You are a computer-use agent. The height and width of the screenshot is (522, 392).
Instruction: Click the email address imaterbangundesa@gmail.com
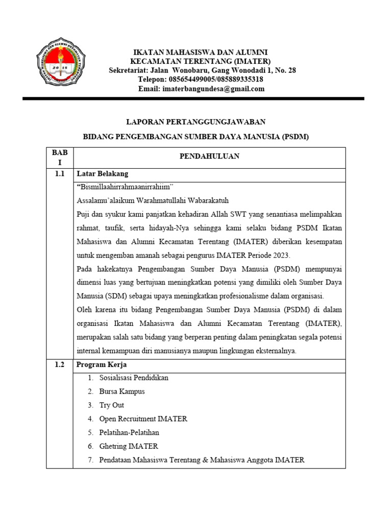pyautogui.click(x=202, y=89)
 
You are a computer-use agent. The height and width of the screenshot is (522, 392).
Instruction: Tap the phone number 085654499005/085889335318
pyautogui.click(x=201, y=80)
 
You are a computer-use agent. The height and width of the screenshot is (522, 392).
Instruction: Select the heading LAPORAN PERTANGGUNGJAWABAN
pyautogui.click(x=196, y=121)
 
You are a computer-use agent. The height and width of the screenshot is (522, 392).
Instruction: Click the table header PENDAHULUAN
pyautogui.click(x=209, y=156)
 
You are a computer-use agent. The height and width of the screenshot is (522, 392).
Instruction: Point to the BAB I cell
pyautogui.click(x=60, y=157)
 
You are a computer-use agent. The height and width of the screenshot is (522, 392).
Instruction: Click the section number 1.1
pyautogui.click(x=60, y=174)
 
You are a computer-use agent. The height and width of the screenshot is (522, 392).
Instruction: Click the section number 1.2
pyautogui.click(x=60, y=365)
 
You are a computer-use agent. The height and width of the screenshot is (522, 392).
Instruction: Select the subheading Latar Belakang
pyautogui.click(x=102, y=174)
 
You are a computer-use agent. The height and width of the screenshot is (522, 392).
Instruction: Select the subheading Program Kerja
pyautogui.click(x=102, y=365)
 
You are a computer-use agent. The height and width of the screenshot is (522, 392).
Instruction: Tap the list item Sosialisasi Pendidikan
pyautogui.click(x=134, y=378)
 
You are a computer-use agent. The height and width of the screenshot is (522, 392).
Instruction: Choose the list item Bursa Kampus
pyautogui.click(x=122, y=391)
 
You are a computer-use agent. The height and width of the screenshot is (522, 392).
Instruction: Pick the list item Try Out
pyautogui.click(x=112, y=405)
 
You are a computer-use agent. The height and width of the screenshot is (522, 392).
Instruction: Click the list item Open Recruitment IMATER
pyautogui.click(x=143, y=419)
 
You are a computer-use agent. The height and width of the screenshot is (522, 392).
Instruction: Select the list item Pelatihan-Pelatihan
pyautogui.click(x=129, y=432)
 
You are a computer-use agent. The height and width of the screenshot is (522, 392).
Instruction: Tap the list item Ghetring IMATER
pyautogui.click(x=129, y=446)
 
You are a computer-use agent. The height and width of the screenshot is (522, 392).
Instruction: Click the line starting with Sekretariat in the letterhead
pyautogui.click(x=202, y=70)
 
